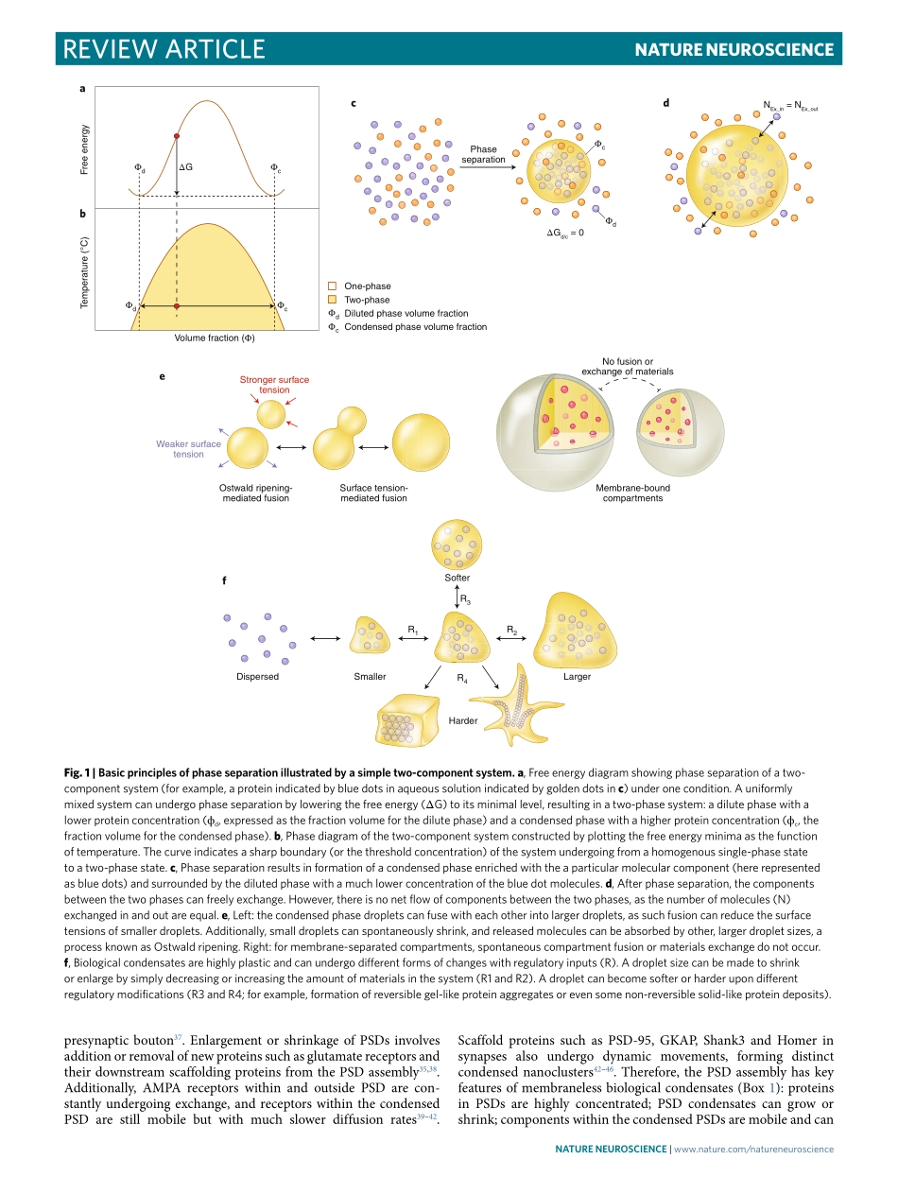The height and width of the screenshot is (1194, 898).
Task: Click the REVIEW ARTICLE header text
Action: tap(162, 49)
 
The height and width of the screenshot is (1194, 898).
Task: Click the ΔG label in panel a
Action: tap(186, 166)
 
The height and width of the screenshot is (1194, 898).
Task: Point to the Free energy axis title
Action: tap(85, 148)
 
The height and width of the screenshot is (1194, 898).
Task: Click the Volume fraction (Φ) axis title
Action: tap(215, 337)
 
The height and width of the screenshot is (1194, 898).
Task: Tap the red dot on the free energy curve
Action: tap(177, 137)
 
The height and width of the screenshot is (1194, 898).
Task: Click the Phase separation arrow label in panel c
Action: tap(483, 154)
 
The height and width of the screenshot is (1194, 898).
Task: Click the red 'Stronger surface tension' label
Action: tap(274, 385)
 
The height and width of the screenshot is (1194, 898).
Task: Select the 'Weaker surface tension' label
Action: tap(189, 449)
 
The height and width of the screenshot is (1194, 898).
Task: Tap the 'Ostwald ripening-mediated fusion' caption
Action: tap(256, 493)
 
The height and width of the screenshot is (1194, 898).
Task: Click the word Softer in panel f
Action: tap(458, 578)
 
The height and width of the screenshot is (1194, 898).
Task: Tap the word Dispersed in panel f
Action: tap(258, 677)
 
